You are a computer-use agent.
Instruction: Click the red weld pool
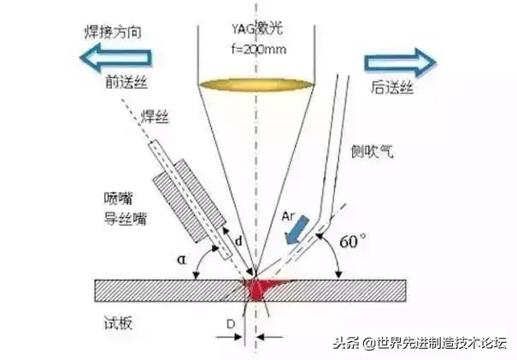pyautogui.click(x=259, y=289)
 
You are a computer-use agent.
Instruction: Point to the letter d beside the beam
pyautogui.click(x=241, y=242)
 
